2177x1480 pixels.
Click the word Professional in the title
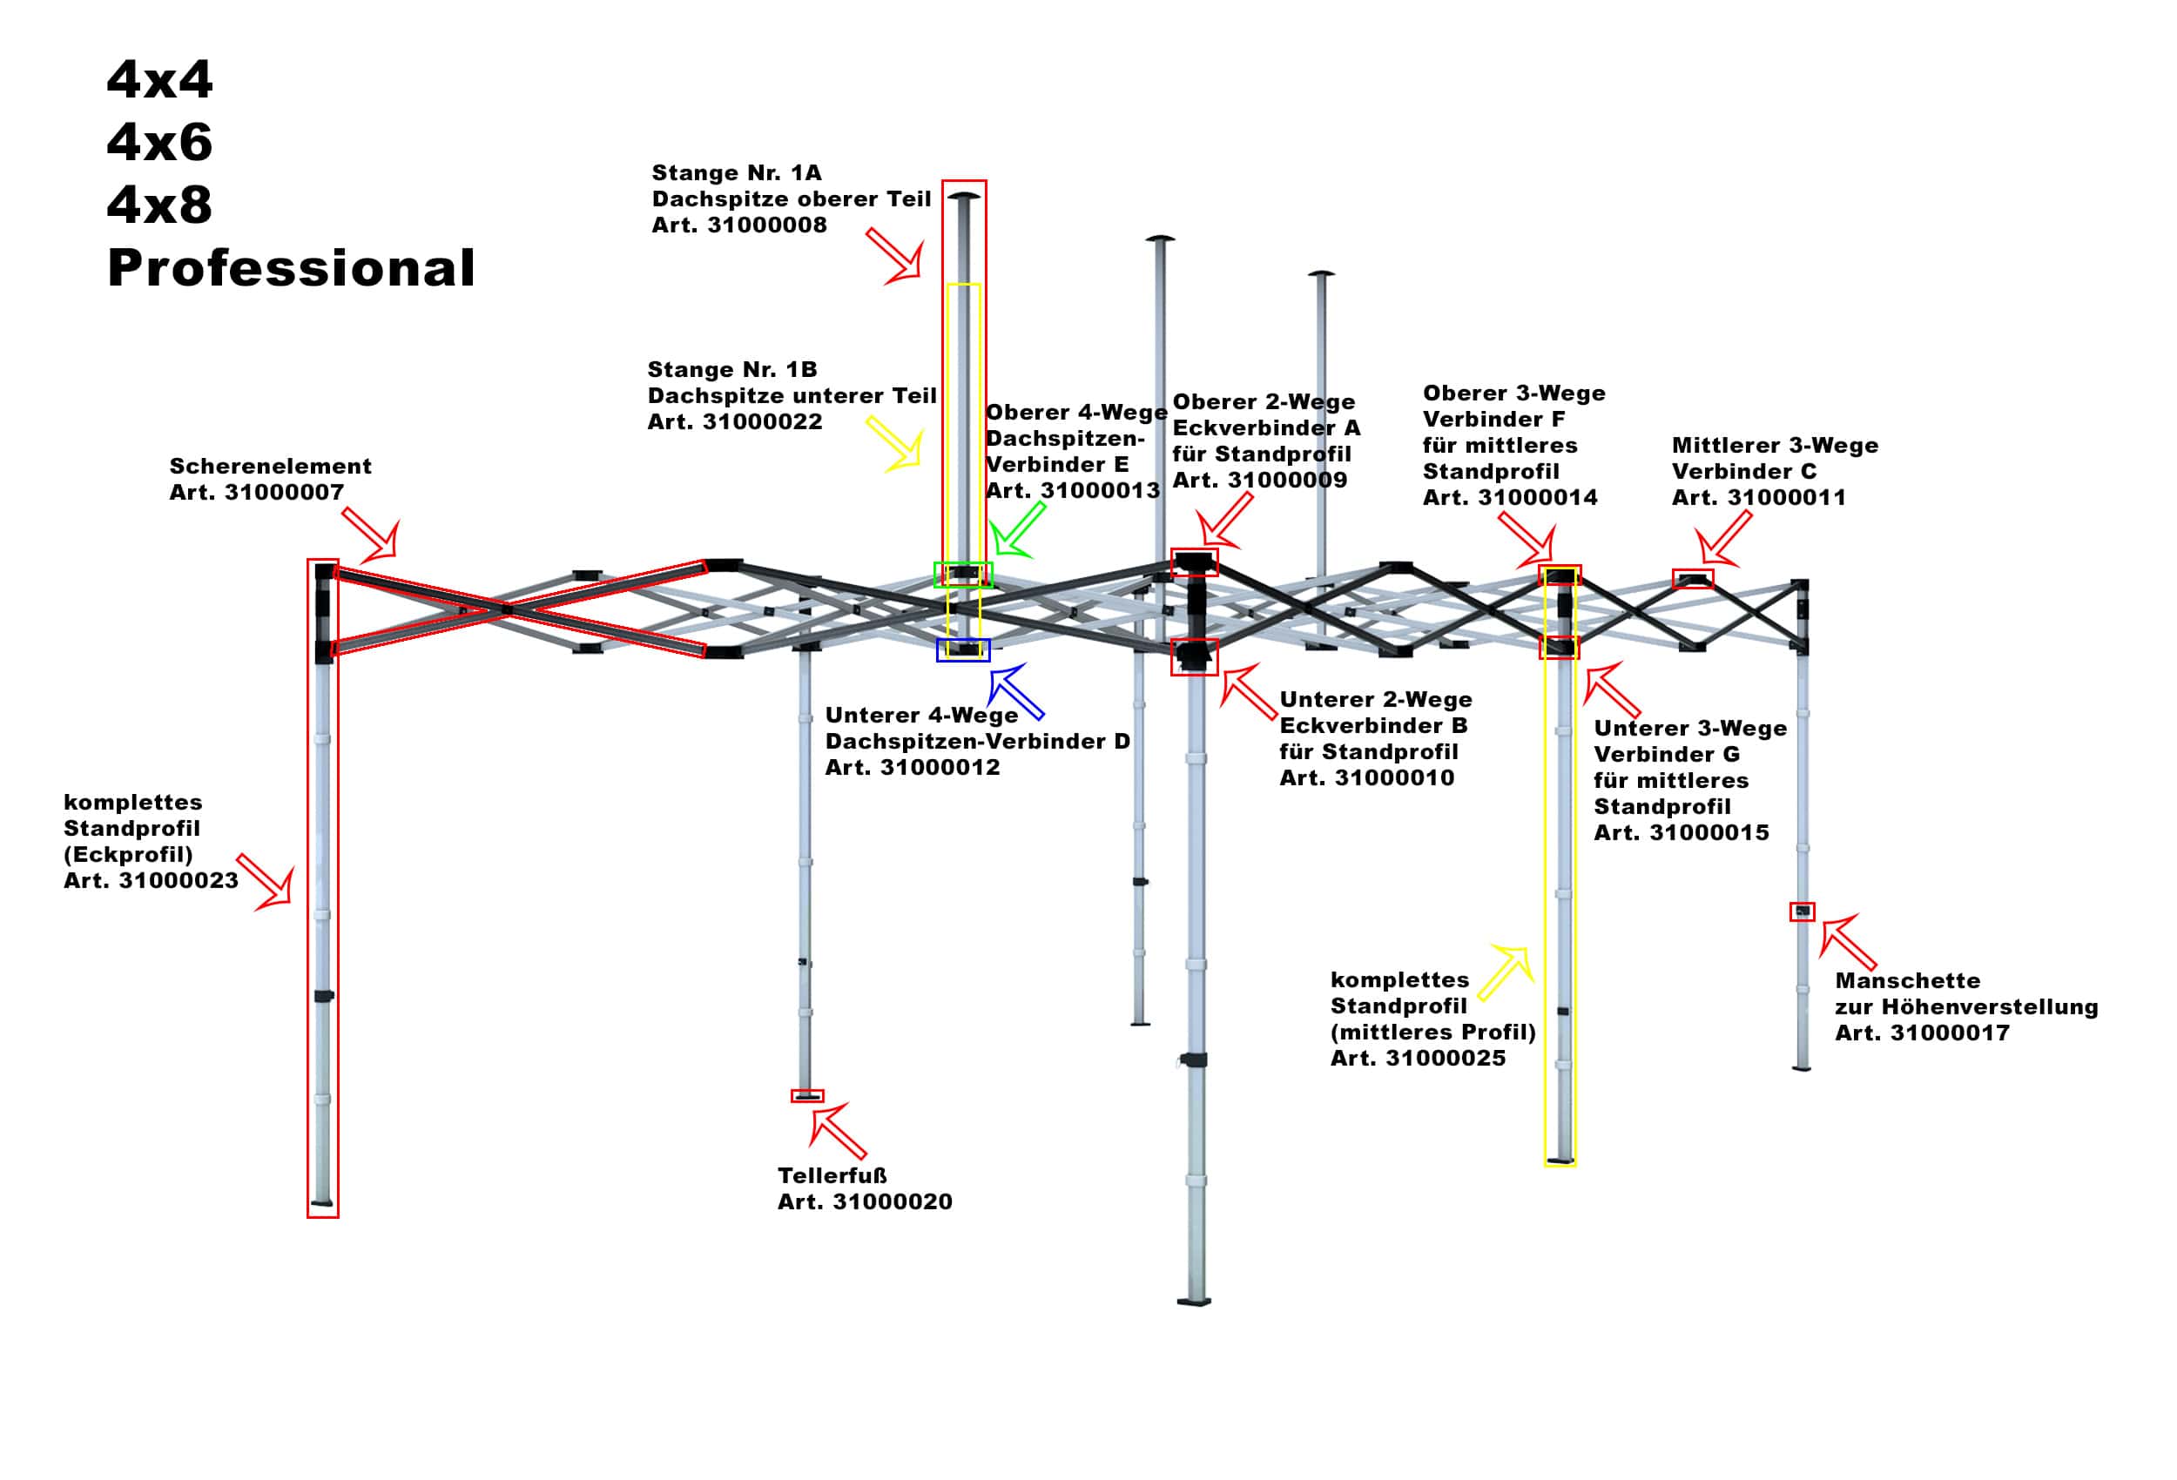(292, 268)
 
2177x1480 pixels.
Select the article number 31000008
(766, 225)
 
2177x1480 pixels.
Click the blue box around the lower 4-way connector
(963, 650)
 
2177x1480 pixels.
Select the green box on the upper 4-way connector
(962, 575)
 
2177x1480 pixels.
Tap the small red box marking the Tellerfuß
(807, 1096)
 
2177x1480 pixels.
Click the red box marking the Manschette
(1803, 912)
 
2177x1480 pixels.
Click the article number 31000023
(178, 881)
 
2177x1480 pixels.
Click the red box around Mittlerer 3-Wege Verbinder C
(1693, 579)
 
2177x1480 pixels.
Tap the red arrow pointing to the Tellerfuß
(837, 1130)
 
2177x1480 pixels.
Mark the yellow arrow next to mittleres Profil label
(1506, 974)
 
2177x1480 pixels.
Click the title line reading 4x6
(159, 143)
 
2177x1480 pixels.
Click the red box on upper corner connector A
(1195, 562)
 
